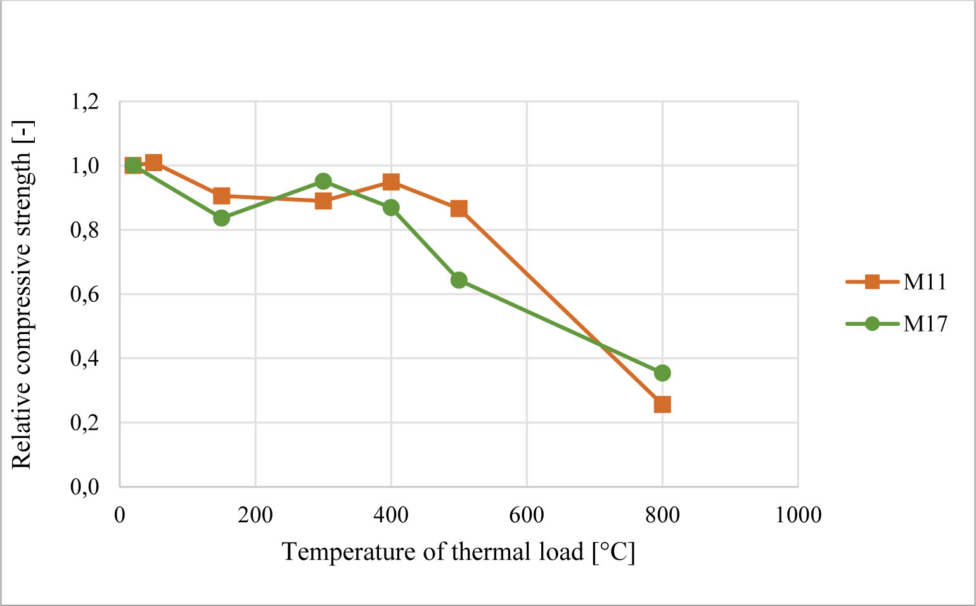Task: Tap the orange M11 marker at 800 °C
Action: pos(662,404)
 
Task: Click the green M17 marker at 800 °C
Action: pos(662,373)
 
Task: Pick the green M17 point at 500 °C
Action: pos(459,280)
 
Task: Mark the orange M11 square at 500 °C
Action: pos(459,209)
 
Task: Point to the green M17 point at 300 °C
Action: pos(323,181)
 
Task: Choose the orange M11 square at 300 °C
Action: pos(323,201)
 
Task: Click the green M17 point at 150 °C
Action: pos(221,218)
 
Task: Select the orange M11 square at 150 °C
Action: pos(221,195)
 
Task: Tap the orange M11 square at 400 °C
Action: pos(391,183)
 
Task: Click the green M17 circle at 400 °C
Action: pos(391,207)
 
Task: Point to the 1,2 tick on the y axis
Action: pos(85,101)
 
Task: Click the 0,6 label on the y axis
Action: pos(85,294)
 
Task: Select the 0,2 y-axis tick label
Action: pos(85,422)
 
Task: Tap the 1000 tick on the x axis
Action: pos(798,515)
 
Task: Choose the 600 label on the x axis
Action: pos(527,515)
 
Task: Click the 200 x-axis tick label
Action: pos(255,515)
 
